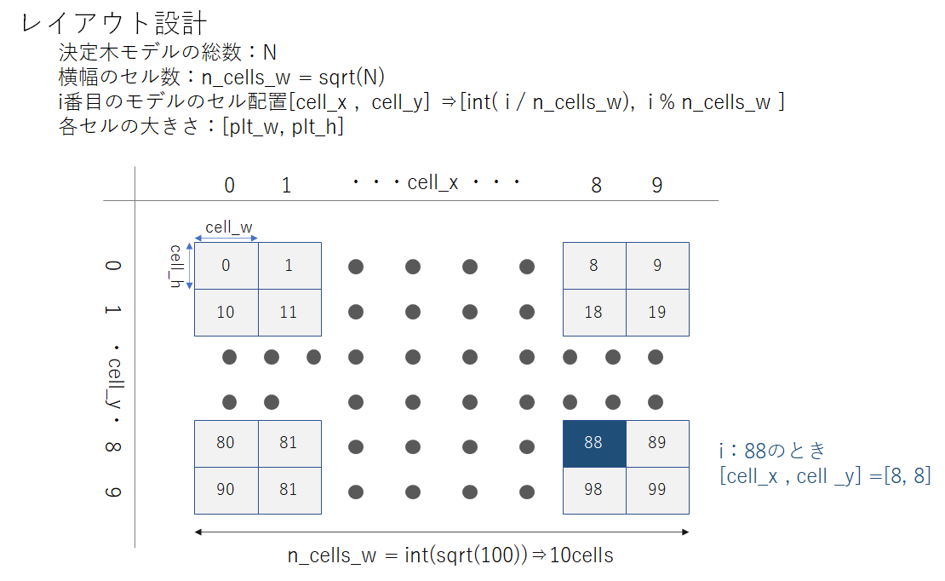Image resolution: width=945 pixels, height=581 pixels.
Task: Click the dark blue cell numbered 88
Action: coord(594,444)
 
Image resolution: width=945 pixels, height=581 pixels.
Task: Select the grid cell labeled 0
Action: coord(226,266)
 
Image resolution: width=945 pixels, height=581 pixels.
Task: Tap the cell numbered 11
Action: coord(290,313)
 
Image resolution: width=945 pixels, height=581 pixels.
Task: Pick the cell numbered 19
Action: coord(657,313)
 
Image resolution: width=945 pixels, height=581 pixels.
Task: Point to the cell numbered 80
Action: coord(226,444)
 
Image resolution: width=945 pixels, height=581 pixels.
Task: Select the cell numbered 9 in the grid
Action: coord(657,266)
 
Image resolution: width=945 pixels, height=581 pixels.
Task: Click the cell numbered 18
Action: coord(594,313)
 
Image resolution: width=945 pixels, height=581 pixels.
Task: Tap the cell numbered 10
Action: coord(226,313)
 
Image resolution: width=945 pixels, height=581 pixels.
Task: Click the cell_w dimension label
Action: coord(229,227)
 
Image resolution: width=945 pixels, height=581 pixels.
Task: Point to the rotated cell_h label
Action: coord(176,266)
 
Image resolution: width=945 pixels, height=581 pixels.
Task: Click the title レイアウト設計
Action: coord(114,24)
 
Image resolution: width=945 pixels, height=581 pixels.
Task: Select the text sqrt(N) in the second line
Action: coord(352,78)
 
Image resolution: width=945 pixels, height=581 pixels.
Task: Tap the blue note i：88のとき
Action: coord(772,450)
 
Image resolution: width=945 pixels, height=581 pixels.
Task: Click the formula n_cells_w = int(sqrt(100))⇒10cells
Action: coord(450,555)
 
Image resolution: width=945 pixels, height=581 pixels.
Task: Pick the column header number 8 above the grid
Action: coord(597,185)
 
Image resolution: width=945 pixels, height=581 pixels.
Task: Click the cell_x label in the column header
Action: coord(432,182)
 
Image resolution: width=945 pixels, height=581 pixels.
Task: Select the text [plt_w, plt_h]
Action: coord(283,127)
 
